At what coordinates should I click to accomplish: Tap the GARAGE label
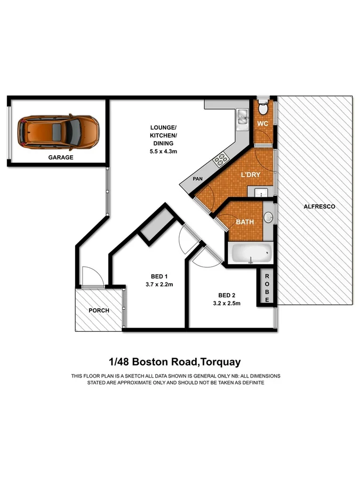click(x=61, y=158)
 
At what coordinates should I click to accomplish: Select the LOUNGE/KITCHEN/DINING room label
click(x=163, y=136)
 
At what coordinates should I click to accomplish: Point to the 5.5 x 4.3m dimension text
click(x=163, y=152)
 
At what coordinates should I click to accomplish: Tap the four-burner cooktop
click(x=221, y=158)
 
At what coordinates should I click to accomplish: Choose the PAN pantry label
click(x=198, y=179)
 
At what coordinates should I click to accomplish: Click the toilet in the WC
click(x=262, y=108)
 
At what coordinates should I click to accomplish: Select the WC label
click(x=262, y=124)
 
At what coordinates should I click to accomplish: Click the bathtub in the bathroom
click(x=250, y=254)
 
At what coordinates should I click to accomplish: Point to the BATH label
click(x=245, y=222)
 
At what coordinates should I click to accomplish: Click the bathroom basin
click(x=268, y=217)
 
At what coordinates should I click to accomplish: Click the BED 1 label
click(x=159, y=276)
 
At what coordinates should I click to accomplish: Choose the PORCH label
click(x=99, y=310)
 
